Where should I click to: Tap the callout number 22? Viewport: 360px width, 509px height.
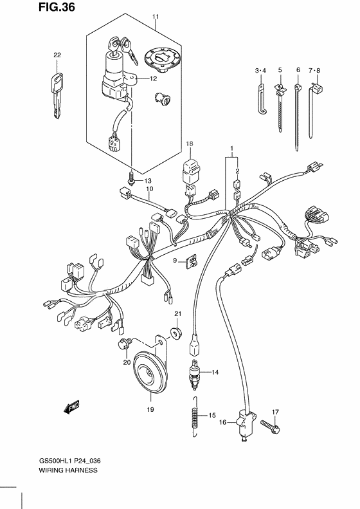coord(56,55)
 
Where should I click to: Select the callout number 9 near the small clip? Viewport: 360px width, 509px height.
coord(174,260)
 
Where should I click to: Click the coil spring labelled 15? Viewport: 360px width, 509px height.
coord(194,418)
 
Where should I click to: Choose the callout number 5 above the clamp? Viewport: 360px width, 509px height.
coord(280,69)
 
